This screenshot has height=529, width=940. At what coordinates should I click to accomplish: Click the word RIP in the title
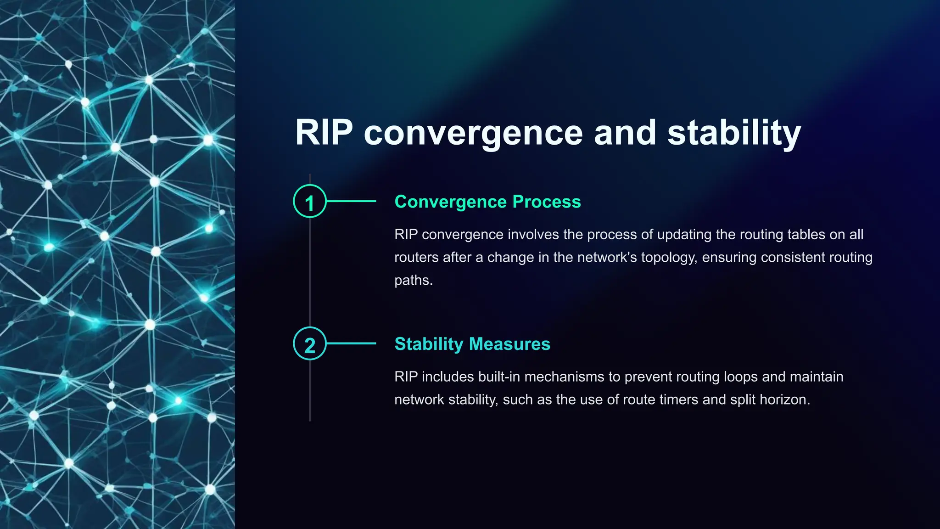pos(324,133)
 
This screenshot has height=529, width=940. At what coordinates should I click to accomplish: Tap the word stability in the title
pos(734,133)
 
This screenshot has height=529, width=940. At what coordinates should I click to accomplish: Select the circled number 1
pos(310,202)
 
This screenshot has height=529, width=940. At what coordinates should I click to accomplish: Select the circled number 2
pos(310,344)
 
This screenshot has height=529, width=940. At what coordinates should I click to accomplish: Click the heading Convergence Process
pos(487,202)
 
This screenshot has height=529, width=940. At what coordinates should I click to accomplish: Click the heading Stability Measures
pos(472,344)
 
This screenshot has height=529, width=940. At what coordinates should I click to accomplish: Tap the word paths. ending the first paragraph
pos(413,280)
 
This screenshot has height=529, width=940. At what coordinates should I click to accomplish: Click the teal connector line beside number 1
pos(351,201)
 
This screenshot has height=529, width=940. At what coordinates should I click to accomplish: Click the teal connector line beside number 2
pos(351,343)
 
